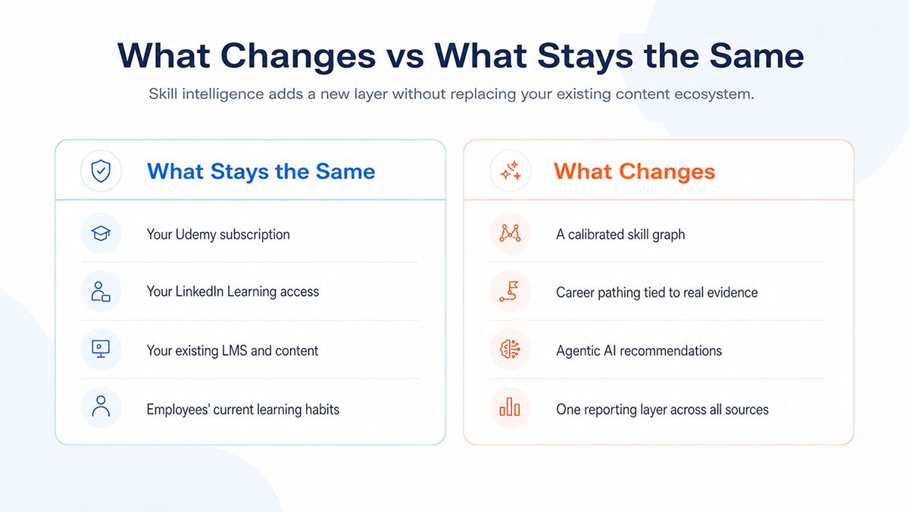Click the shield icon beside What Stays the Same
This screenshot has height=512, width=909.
(101, 171)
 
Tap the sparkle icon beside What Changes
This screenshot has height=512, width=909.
(511, 171)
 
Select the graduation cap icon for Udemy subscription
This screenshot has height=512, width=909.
(101, 234)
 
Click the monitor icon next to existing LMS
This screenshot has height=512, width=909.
(101, 349)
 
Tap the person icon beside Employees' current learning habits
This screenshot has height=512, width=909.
(101, 407)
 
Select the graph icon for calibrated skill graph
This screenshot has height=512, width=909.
(510, 234)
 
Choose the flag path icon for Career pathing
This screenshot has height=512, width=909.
(510, 291)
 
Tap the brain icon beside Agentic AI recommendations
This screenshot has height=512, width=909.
(511, 349)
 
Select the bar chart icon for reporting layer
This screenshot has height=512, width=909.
(510, 407)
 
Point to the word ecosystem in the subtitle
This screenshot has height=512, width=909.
(714, 94)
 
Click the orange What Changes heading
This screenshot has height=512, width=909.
(634, 171)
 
